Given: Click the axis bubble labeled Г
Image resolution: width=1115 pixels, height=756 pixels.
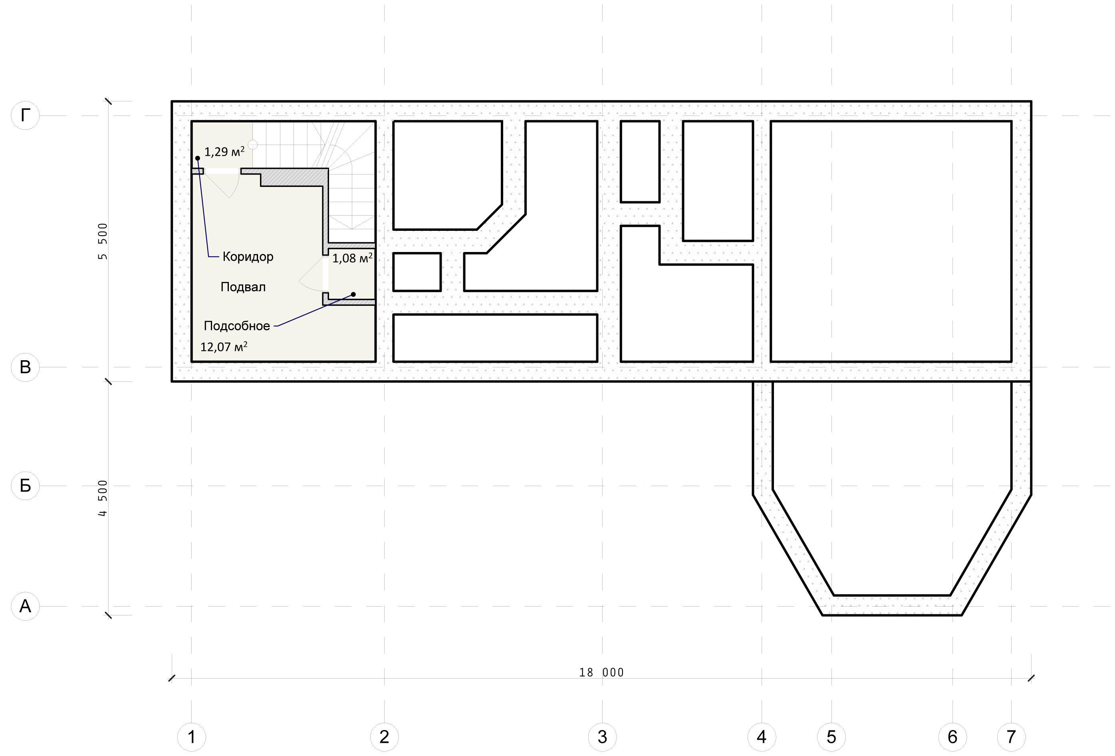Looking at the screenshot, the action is click(x=25, y=115).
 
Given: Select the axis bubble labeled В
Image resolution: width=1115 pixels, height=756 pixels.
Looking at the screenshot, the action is click(x=25, y=367).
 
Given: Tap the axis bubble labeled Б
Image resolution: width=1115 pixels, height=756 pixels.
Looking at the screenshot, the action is click(x=25, y=486).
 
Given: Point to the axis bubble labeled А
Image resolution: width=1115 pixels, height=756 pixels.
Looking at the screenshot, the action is click(x=25, y=606).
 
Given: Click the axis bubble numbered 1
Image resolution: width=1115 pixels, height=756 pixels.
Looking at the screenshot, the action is click(x=191, y=737).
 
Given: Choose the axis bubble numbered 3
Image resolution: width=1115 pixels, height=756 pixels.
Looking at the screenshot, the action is click(x=602, y=737).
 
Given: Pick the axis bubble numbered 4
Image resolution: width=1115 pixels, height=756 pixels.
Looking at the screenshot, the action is click(x=762, y=737).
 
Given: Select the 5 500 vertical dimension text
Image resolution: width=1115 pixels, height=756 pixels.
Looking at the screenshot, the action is click(x=103, y=241).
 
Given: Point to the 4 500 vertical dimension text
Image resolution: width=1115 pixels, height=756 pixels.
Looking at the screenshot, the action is click(x=103, y=498).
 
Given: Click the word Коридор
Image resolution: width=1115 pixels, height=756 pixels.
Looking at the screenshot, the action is click(x=248, y=257).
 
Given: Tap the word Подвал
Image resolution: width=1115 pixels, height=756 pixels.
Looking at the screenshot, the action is click(x=243, y=287).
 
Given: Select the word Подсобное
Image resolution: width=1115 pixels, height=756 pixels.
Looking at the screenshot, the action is click(x=237, y=326).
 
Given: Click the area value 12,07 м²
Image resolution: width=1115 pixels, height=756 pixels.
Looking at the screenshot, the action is click(x=224, y=346).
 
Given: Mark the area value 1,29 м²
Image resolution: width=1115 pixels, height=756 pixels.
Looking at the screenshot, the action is click(x=224, y=152).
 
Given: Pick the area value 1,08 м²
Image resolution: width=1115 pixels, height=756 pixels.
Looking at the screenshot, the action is click(x=353, y=258).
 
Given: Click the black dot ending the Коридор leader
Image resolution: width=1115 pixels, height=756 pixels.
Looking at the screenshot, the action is click(x=197, y=158).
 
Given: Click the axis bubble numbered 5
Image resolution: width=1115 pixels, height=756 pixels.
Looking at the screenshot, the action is click(x=831, y=737).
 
